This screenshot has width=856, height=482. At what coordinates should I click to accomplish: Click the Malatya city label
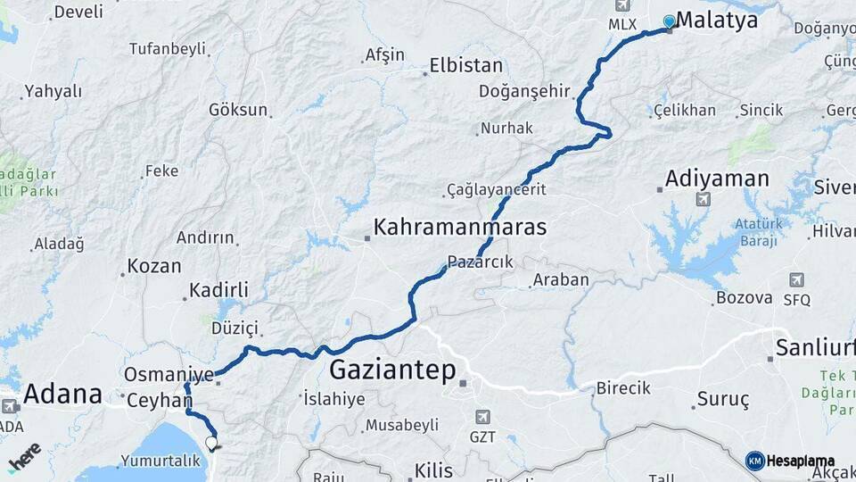[x=717, y=21]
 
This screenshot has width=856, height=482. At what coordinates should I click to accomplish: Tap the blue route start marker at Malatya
[x=670, y=21]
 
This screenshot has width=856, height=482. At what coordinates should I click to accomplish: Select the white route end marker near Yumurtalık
[x=211, y=441]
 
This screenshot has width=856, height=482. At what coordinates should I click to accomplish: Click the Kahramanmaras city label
[x=459, y=227]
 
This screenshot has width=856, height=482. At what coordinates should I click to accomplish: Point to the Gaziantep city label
[x=392, y=369]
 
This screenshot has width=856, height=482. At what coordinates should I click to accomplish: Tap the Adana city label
[x=62, y=393]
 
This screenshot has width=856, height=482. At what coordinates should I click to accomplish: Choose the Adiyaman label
[x=717, y=179]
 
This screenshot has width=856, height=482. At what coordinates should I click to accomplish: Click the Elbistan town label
[x=465, y=65]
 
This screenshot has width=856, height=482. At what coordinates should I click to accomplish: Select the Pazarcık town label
[x=481, y=262]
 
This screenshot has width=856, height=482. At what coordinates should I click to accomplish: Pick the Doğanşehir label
[x=523, y=91]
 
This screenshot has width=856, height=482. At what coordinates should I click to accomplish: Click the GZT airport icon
[x=482, y=417]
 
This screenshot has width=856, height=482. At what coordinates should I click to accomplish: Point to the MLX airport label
[x=622, y=25]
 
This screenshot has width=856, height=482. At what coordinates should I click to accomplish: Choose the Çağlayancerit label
[x=496, y=189]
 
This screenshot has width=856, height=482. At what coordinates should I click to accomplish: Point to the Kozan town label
[x=154, y=266]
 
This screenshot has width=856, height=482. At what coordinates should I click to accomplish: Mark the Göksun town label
[x=238, y=110]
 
